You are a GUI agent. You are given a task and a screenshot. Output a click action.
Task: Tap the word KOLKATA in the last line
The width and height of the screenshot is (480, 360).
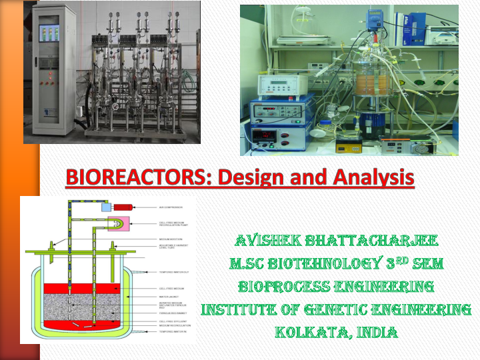307,331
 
